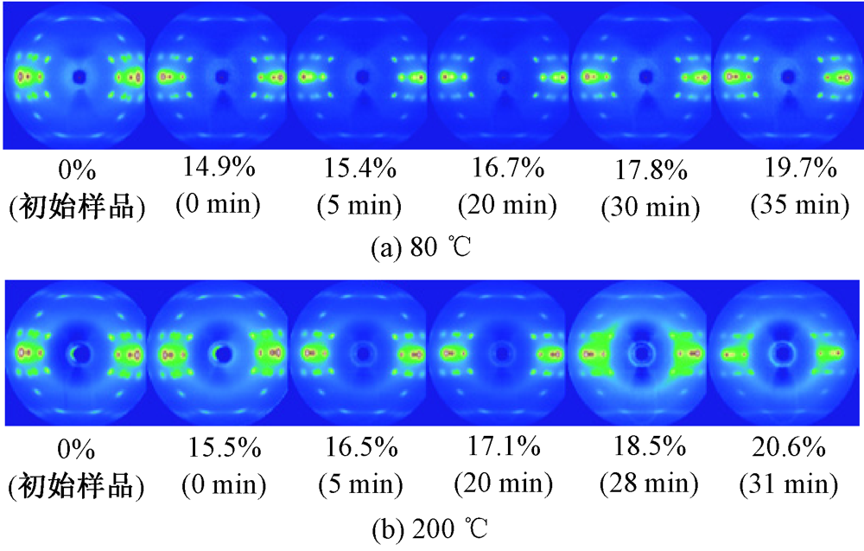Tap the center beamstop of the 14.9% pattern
click(x=220, y=76)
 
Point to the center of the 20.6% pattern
click(x=785, y=353)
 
